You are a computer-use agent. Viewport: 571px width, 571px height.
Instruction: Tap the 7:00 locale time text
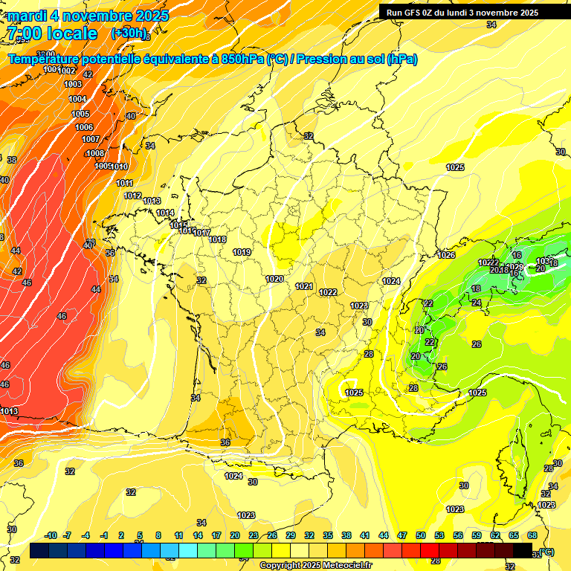click(x=52, y=33)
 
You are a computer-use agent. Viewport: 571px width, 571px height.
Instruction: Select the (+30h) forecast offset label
click(x=129, y=33)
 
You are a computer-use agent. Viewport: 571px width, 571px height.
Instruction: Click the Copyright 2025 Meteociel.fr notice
click(x=315, y=566)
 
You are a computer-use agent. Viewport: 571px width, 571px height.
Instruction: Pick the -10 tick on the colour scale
click(x=51, y=536)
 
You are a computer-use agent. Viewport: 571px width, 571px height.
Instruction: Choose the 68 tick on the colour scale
click(x=532, y=536)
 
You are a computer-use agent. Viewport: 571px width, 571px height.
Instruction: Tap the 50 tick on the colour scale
click(x=421, y=536)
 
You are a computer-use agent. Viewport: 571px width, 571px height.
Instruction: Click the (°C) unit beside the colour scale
click(x=546, y=552)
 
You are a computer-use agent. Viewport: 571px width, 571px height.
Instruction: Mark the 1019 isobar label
click(x=242, y=253)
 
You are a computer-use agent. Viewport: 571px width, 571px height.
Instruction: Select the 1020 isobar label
click(x=274, y=280)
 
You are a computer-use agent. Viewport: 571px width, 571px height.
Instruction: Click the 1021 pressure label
click(x=304, y=286)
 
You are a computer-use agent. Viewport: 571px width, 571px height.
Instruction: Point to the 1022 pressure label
click(x=328, y=293)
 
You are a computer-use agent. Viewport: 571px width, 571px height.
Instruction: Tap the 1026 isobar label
click(x=446, y=256)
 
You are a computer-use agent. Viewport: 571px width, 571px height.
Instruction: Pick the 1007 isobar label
click(x=91, y=139)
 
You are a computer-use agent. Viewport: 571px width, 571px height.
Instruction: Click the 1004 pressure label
click(x=77, y=99)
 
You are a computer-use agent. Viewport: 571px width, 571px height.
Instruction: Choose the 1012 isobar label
click(x=133, y=196)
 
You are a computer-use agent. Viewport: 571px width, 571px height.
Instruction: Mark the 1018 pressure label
click(x=218, y=239)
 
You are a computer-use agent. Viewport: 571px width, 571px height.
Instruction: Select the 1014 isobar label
click(x=165, y=213)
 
